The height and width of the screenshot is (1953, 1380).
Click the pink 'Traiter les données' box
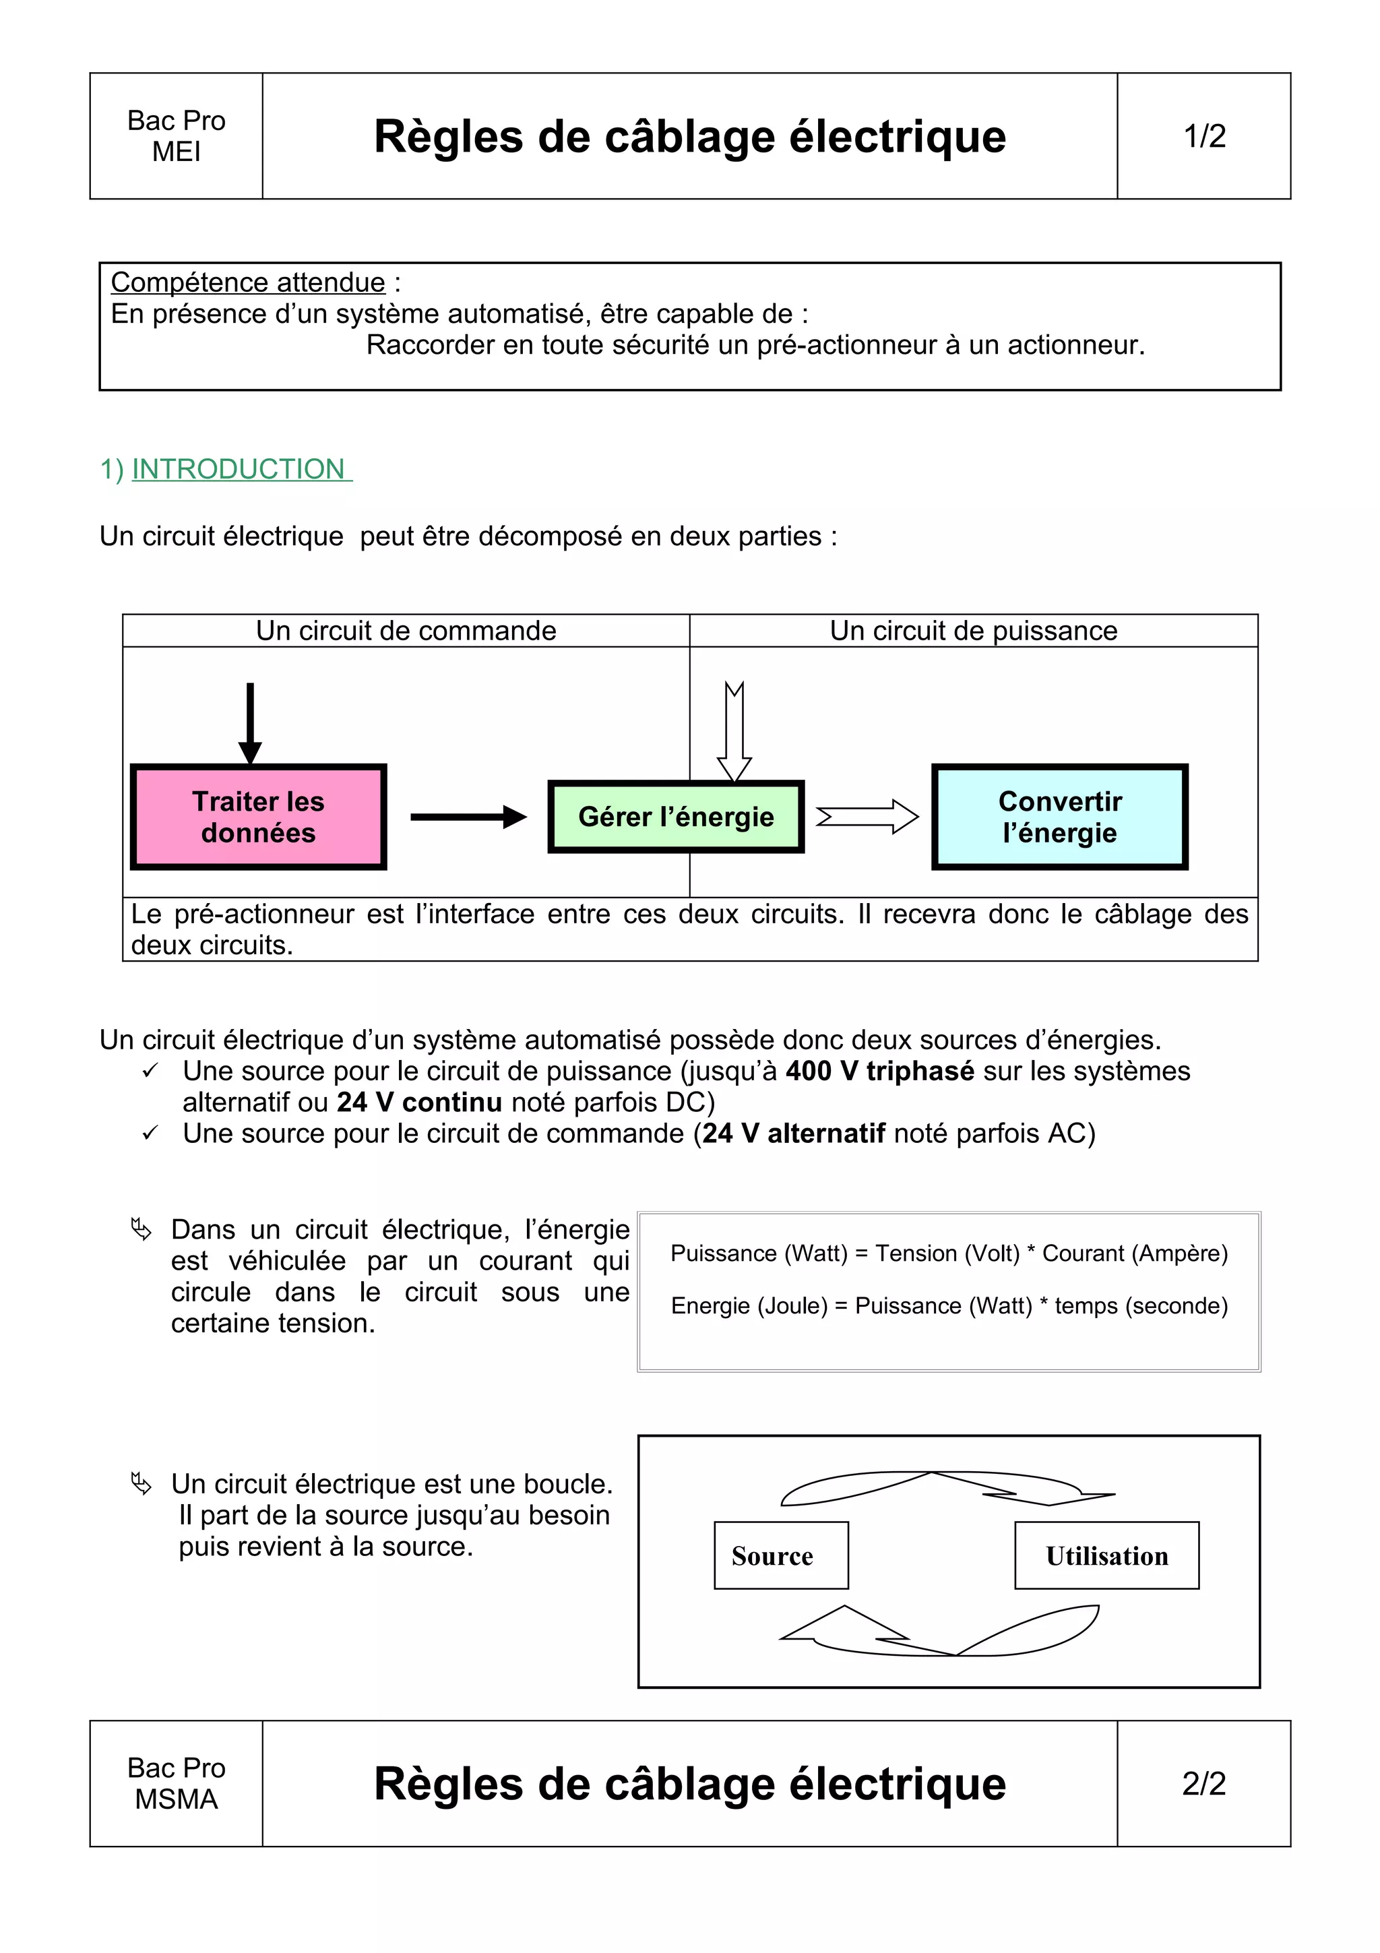[x=259, y=817]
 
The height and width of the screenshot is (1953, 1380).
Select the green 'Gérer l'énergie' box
[x=676, y=817]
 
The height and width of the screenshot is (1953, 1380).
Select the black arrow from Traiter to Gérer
[x=468, y=817]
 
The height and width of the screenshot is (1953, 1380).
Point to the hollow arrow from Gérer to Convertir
[x=867, y=817]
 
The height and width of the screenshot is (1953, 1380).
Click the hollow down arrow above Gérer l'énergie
[x=734, y=731]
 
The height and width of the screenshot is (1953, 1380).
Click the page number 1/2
[x=1204, y=136]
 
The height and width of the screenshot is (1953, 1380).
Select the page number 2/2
[x=1204, y=1783]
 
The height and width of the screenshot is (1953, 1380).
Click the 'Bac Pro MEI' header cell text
[x=176, y=136]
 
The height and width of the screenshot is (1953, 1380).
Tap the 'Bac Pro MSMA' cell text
[x=176, y=1783]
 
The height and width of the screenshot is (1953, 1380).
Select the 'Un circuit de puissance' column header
[x=974, y=630]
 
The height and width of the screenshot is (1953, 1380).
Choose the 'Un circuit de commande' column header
[x=406, y=630]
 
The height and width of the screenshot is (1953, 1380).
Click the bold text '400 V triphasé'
[x=879, y=1070]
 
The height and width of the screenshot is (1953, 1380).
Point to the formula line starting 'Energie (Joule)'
[x=949, y=1305]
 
